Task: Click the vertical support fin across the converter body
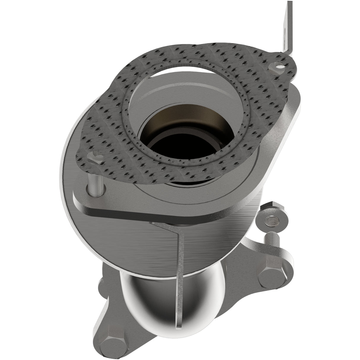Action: pos(179,267)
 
